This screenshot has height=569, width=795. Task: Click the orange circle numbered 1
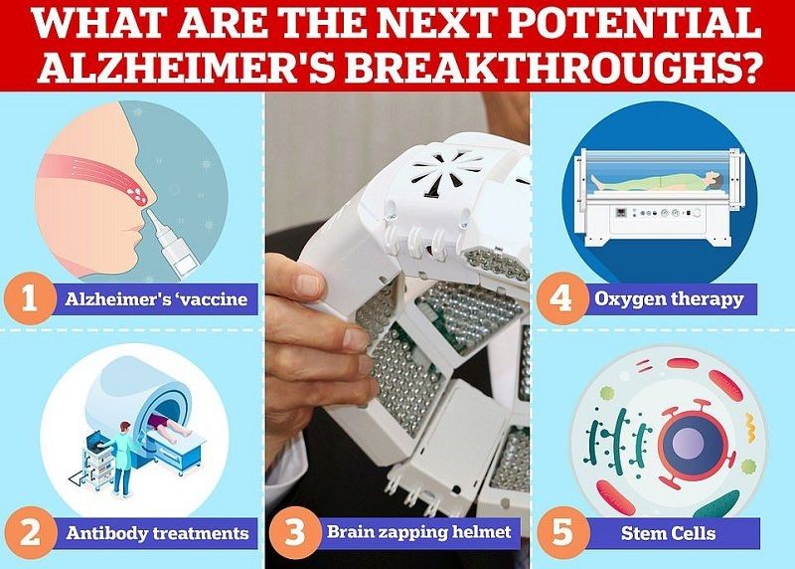point(30,298)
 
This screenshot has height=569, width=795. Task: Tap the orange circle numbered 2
point(30,533)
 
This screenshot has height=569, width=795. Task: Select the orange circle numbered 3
point(294,532)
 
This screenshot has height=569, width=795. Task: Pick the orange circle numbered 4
point(560,298)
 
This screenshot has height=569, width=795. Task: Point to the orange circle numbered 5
point(562,533)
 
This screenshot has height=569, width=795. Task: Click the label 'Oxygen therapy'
point(669,299)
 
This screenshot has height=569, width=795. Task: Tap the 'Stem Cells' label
point(668,533)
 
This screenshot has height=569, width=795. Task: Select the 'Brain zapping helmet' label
point(418,531)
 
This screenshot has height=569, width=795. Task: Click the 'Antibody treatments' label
point(157,533)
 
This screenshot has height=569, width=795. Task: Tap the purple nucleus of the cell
point(693,442)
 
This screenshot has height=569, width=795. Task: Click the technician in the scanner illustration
point(119,458)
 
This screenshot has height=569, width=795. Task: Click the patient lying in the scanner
point(170,428)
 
